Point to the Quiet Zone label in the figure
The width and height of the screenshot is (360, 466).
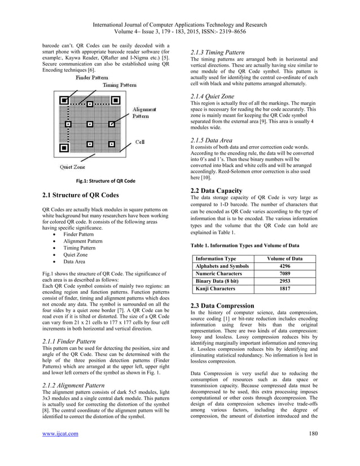73,167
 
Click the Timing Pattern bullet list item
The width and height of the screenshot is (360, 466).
79,248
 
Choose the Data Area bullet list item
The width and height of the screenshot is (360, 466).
74,262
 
